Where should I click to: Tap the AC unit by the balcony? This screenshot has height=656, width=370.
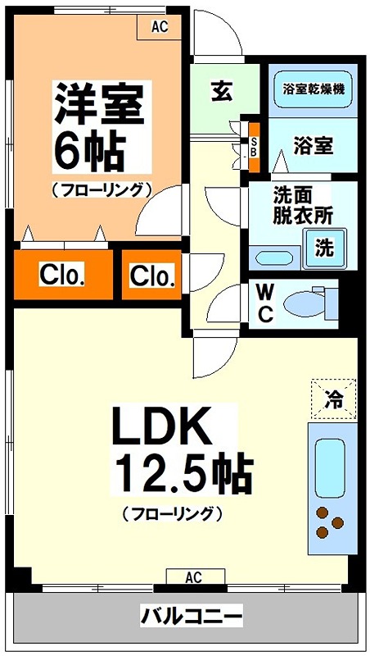tap(193, 577)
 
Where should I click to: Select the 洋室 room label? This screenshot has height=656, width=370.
tap(101, 102)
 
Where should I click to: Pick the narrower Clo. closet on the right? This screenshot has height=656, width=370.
tap(152, 276)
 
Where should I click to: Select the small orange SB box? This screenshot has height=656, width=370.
tap(254, 147)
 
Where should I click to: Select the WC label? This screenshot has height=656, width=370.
tap(264, 303)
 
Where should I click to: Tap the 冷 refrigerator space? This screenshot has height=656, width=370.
tap(334, 399)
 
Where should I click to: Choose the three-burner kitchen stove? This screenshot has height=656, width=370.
tap(329, 522)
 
